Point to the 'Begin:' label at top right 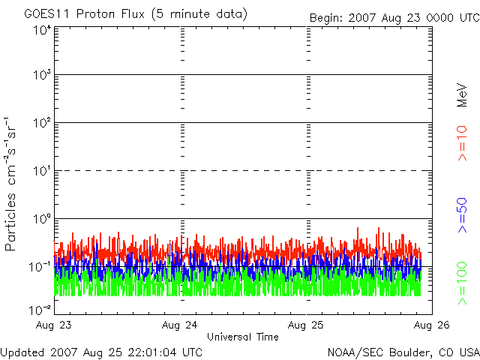coord(329,17)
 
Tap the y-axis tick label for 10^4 coord(43,30)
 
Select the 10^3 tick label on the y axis coord(43,75)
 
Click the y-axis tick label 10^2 coord(43,122)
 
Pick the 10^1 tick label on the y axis coord(43,170)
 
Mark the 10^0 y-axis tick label coord(43,218)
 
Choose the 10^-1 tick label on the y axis coord(41,266)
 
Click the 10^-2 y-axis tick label coord(41,309)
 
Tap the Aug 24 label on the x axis coord(181,325)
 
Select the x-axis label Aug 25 coord(307,325)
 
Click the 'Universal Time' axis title coord(242,337)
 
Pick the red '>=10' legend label coord(462,143)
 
